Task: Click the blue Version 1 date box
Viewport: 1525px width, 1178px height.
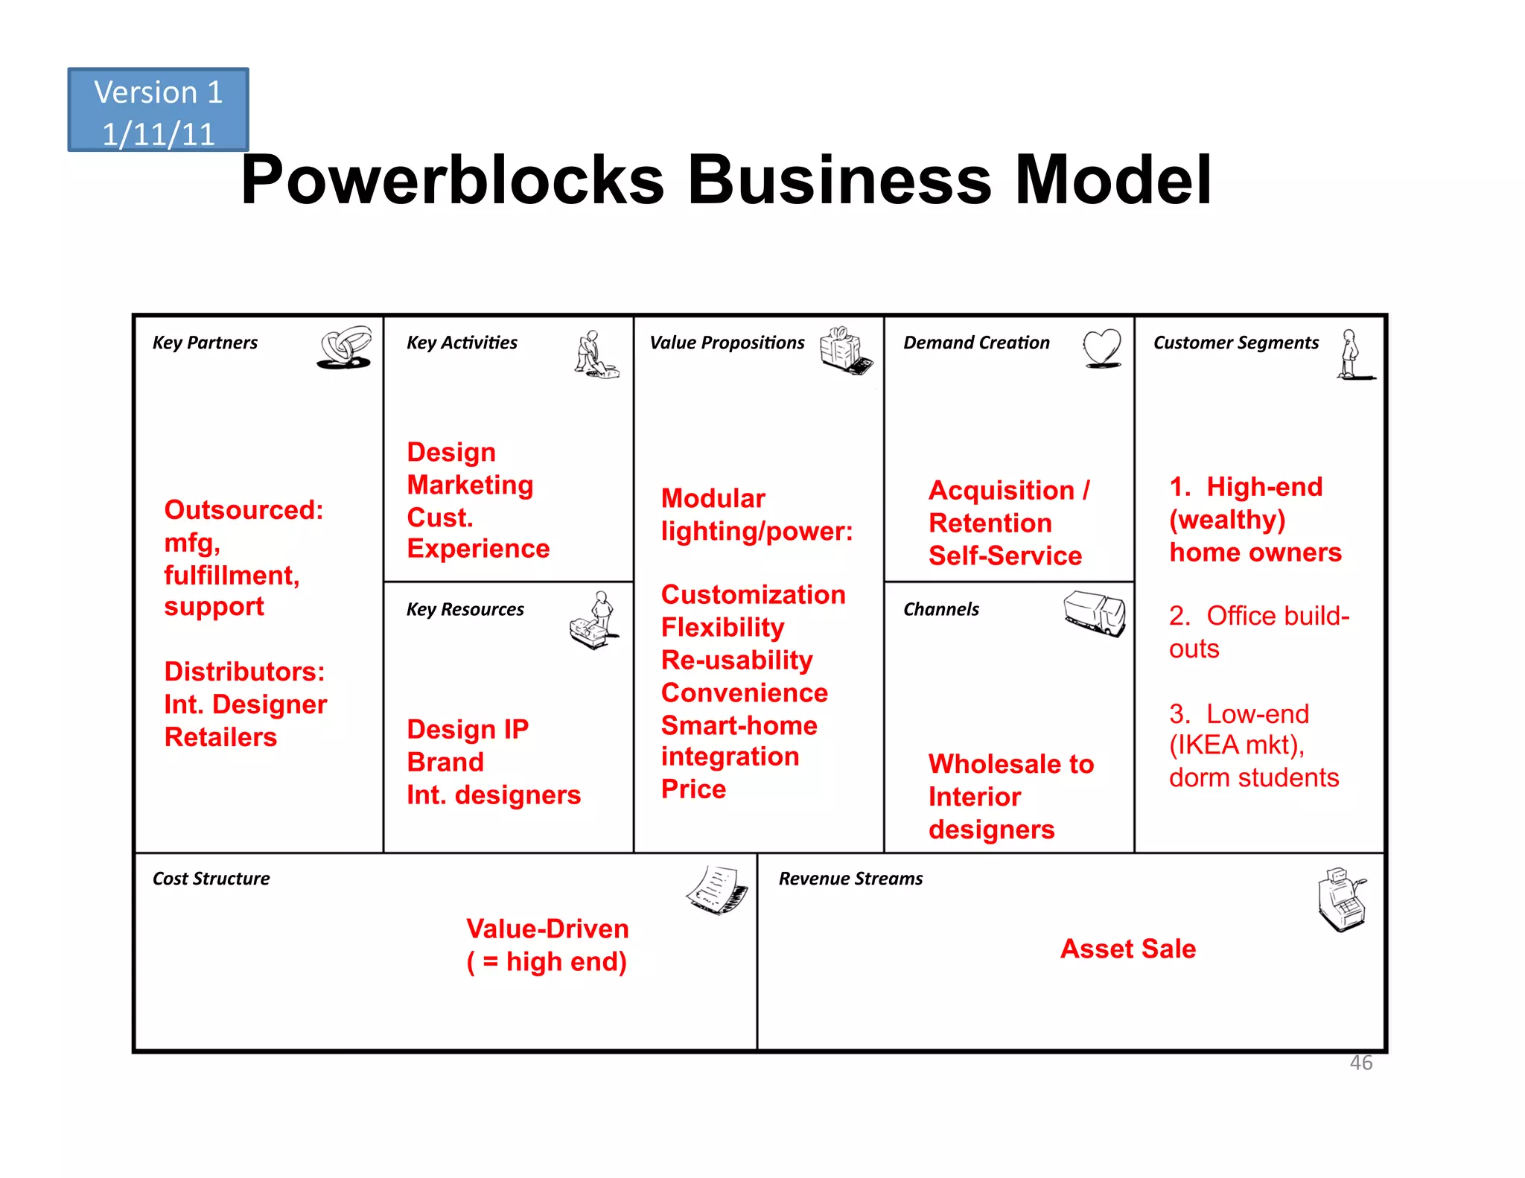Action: [x=158, y=110]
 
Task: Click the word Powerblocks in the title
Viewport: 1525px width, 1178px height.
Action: [x=452, y=180]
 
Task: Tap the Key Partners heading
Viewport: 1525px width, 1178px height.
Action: [x=205, y=343]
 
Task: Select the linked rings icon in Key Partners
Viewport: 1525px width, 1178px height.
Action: [x=345, y=347]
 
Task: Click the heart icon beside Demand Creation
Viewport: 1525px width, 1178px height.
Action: [x=1102, y=348]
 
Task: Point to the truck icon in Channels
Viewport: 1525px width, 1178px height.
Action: [x=1095, y=614]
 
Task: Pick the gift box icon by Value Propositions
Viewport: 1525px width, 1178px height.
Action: [x=845, y=350]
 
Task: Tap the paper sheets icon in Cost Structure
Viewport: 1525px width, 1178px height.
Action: [x=716, y=889]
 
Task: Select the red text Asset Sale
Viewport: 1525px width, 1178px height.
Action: [x=1127, y=949]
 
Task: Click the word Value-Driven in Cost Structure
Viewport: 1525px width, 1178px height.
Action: [x=547, y=929]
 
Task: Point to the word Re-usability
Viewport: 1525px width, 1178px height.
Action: [x=736, y=660]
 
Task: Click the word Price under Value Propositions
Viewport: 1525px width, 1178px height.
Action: [x=693, y=789]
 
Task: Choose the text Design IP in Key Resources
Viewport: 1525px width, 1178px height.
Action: [x=468, y=729]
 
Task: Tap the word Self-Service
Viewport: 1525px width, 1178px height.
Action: [x=1005, y=555]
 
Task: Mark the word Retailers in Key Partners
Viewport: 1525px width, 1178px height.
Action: [x=220, y=737]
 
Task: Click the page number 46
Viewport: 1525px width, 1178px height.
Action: [x=1360, y=1063]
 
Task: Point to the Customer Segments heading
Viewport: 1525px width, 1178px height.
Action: [x=1235, y=343]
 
